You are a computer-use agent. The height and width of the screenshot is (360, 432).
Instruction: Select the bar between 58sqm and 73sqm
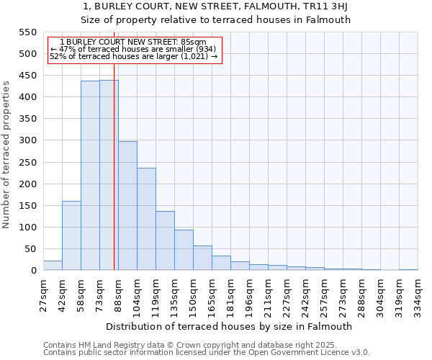coord(90,176)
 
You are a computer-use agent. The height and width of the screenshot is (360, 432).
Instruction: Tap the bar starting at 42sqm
coord(71,235)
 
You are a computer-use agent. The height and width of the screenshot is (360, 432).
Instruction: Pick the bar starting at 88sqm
coord(127,206)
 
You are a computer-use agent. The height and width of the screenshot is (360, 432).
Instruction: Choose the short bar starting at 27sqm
coord(53,266)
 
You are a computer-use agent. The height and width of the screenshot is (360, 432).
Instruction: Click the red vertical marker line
coord(114,180)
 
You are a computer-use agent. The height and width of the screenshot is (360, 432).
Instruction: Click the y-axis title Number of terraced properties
coord(6,155)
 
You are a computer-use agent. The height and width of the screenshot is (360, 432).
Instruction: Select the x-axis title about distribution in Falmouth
coord(234,326)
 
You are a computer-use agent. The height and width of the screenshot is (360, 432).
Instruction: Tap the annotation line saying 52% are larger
coord(133,56)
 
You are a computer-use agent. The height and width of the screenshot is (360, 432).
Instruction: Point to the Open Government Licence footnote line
coord(207,353)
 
